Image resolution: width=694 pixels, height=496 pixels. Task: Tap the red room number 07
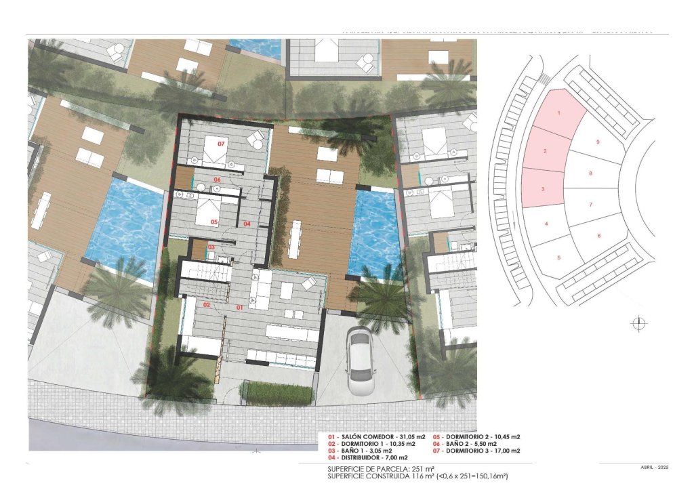(221, 144)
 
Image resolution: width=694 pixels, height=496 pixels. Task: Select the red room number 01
(239, 307)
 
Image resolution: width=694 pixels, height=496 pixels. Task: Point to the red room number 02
(206, 305)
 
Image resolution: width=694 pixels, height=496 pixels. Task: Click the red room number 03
(211, 247)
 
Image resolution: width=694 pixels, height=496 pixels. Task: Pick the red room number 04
(247, 224)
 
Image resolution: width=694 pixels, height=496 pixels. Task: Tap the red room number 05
(213, 222)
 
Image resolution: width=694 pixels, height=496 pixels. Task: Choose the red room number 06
(218, 180)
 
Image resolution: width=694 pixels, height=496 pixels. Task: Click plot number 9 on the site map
(597, 142)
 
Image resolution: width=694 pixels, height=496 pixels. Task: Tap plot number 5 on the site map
(558, 257)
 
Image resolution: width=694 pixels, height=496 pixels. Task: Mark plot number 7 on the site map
(590, 204)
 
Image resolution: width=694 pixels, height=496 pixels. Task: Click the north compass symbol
(637, 324)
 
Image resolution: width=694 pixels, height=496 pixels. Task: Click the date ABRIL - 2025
(654, 468)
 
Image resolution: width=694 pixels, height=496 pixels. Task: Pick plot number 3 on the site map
(544, 190)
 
